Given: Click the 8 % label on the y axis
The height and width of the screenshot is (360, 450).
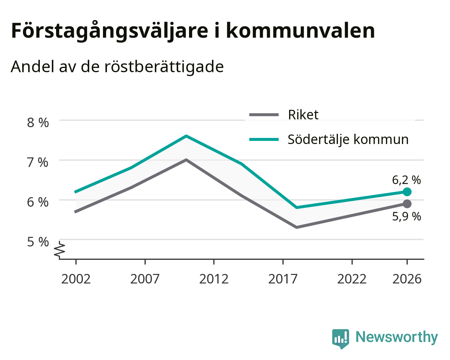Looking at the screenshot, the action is pos(38,123).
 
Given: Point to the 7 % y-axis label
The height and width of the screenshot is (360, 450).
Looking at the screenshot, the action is pos(38,162).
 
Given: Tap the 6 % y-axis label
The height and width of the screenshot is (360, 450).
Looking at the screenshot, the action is pos(38,202).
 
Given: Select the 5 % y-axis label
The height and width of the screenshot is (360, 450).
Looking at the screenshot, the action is pos(38,242).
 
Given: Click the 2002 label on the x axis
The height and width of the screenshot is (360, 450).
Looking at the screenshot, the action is pos(76,279).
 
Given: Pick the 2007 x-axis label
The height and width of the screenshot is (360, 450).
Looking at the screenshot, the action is pos(145,279).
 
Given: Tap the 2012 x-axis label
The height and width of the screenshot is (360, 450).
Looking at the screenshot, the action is pos(214,279).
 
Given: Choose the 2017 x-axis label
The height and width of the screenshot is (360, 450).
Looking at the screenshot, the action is pos(283,279).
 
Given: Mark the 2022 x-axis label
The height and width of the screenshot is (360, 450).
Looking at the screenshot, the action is pos(352,279).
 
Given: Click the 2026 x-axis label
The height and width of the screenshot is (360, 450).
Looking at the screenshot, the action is pos(407,279).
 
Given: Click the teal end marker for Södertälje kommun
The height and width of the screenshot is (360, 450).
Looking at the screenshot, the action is pos(407,192).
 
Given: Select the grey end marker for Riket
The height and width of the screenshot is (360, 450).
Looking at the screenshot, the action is pos(407,204).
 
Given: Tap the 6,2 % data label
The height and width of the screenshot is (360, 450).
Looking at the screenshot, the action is pos(407,180).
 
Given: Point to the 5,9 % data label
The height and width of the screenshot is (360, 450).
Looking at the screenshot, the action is pos(407,216).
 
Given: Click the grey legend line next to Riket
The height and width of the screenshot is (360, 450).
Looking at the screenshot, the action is pos(264,115).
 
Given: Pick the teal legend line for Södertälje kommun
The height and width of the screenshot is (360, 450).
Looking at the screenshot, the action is pos(264,139).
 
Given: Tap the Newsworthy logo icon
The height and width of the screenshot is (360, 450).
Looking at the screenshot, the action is pos(341,339).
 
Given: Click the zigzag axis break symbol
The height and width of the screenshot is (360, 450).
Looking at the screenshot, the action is pos(60,249).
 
